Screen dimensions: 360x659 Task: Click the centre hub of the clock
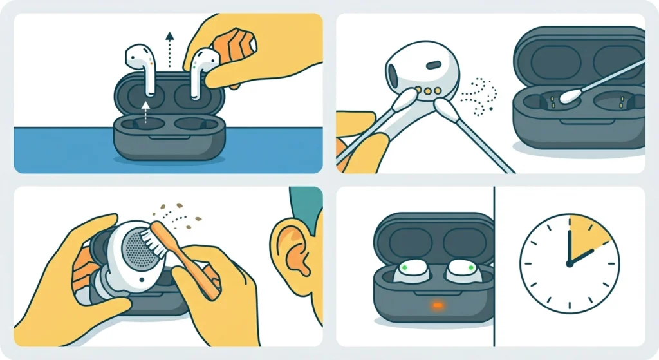tap(570, 264)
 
